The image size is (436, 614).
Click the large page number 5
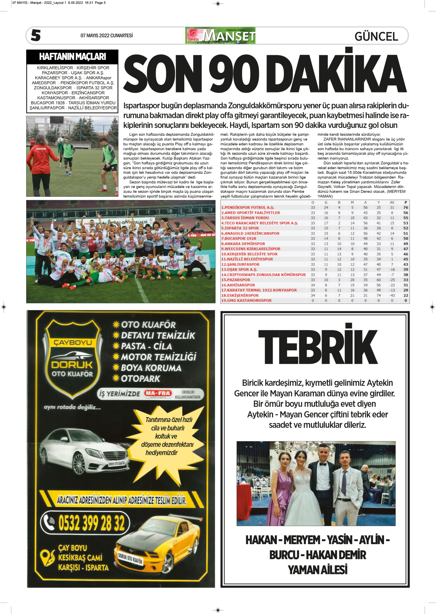pos(36,35)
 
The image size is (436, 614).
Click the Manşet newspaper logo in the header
pos(220,36)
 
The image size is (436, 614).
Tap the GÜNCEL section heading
pos(376,36)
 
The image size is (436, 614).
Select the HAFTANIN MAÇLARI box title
pos(72,57)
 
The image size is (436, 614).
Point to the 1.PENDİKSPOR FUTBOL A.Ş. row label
pos(248,207)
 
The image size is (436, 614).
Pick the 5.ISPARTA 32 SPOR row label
pos(240,228)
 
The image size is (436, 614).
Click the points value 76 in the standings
pos(405,207)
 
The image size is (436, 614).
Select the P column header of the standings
pos(405,203)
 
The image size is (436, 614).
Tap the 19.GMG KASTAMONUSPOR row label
pos(246,301)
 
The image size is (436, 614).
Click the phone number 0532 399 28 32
pos(91,523)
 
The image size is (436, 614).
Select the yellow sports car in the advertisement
pos(158,546)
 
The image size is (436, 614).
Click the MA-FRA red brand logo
pos(158,393)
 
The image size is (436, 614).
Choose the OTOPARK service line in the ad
pos(140,378)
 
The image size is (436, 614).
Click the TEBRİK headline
pos(318,347)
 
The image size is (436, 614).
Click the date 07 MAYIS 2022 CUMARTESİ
pos(106,36)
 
